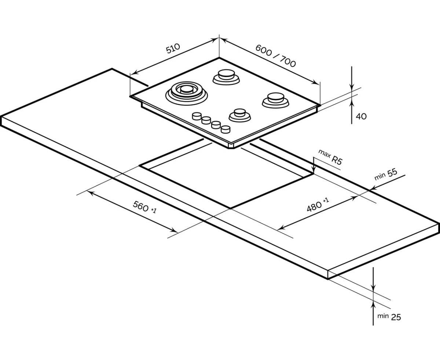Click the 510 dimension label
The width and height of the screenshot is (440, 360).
pyautogui.click(x=173, y=48)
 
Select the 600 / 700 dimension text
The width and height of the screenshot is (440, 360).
pyautogui.click(x=275, y=56)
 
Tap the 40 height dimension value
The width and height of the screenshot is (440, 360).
pyautogui.click(x=361, y=117)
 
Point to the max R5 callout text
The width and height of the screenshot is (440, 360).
pyautogui.click(x=330, y=157)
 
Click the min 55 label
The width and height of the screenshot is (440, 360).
pyautogui.click(x=385, y=175)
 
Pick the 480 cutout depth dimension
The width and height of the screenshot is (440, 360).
pyautogui.click(x=318, y=205)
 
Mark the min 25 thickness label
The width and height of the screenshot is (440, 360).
pyautogui.click(x=389, y=316)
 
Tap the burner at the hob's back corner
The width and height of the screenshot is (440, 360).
pyautogui.click(x=225, y=76)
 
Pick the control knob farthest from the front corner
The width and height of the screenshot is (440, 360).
pyautogui.click(x=197, y=116)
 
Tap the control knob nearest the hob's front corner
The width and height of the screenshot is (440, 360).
pyautogui.click(x=225, y=129)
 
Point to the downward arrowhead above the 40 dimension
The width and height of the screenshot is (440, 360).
pyautogui.click(x=352, y=88)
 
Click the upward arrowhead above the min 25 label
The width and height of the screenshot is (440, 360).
pyautogui.click(x=373, y=304)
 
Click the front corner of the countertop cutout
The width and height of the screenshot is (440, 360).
pyautogui.click(x=230, y=208)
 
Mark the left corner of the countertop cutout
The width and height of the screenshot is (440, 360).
pyautogui.click(x=140, y=166)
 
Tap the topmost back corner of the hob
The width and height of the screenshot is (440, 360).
pyautogui.click(x=219, y=58)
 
